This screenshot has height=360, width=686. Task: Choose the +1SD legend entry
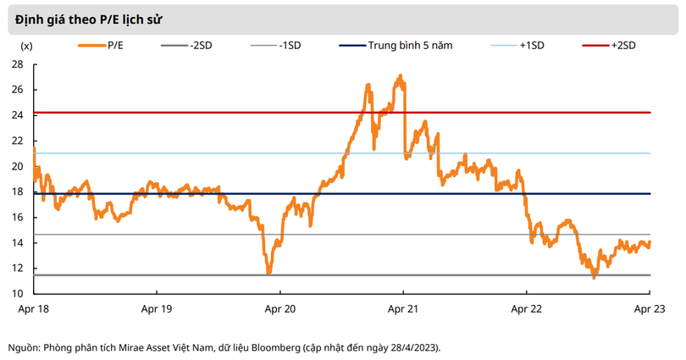click(532, 46)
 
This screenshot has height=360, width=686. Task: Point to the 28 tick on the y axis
click(17, 64)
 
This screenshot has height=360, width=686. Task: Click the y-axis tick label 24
click(17, 115)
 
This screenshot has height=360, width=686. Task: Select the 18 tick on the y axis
click(17, 192)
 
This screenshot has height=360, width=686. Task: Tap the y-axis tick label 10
click(17, 294)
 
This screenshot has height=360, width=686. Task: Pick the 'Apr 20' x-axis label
click(279, 309)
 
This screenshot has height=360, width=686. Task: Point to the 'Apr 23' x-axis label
click(650, 309)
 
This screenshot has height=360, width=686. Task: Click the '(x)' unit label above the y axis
click(25, 46)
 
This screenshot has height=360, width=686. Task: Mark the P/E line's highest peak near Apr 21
click(400, 75)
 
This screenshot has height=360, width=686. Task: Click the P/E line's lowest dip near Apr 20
click(268, 272)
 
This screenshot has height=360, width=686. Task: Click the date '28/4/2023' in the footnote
click(412, 347)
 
